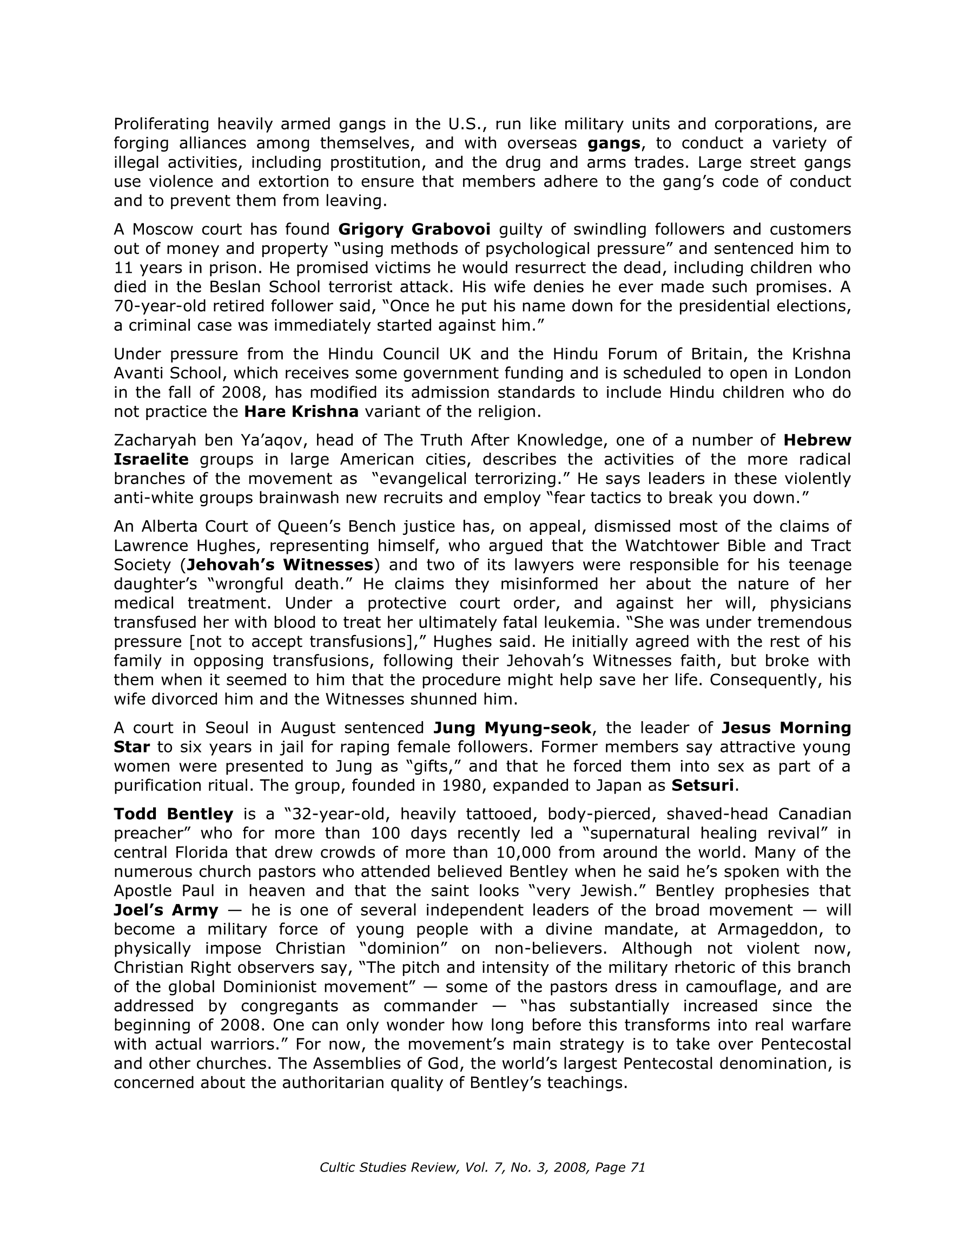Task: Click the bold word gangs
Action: pos(613,143)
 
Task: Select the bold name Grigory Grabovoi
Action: pos(414,230)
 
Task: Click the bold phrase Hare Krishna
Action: pos(301,411)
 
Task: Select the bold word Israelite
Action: pos(151,460)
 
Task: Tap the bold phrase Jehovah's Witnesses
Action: pos(280,565)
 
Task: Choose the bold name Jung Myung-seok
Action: pos(512,728)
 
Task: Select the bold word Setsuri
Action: pos(703,786)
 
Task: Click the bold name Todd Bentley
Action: pos(173,814)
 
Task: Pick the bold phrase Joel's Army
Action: pos(166,910)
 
